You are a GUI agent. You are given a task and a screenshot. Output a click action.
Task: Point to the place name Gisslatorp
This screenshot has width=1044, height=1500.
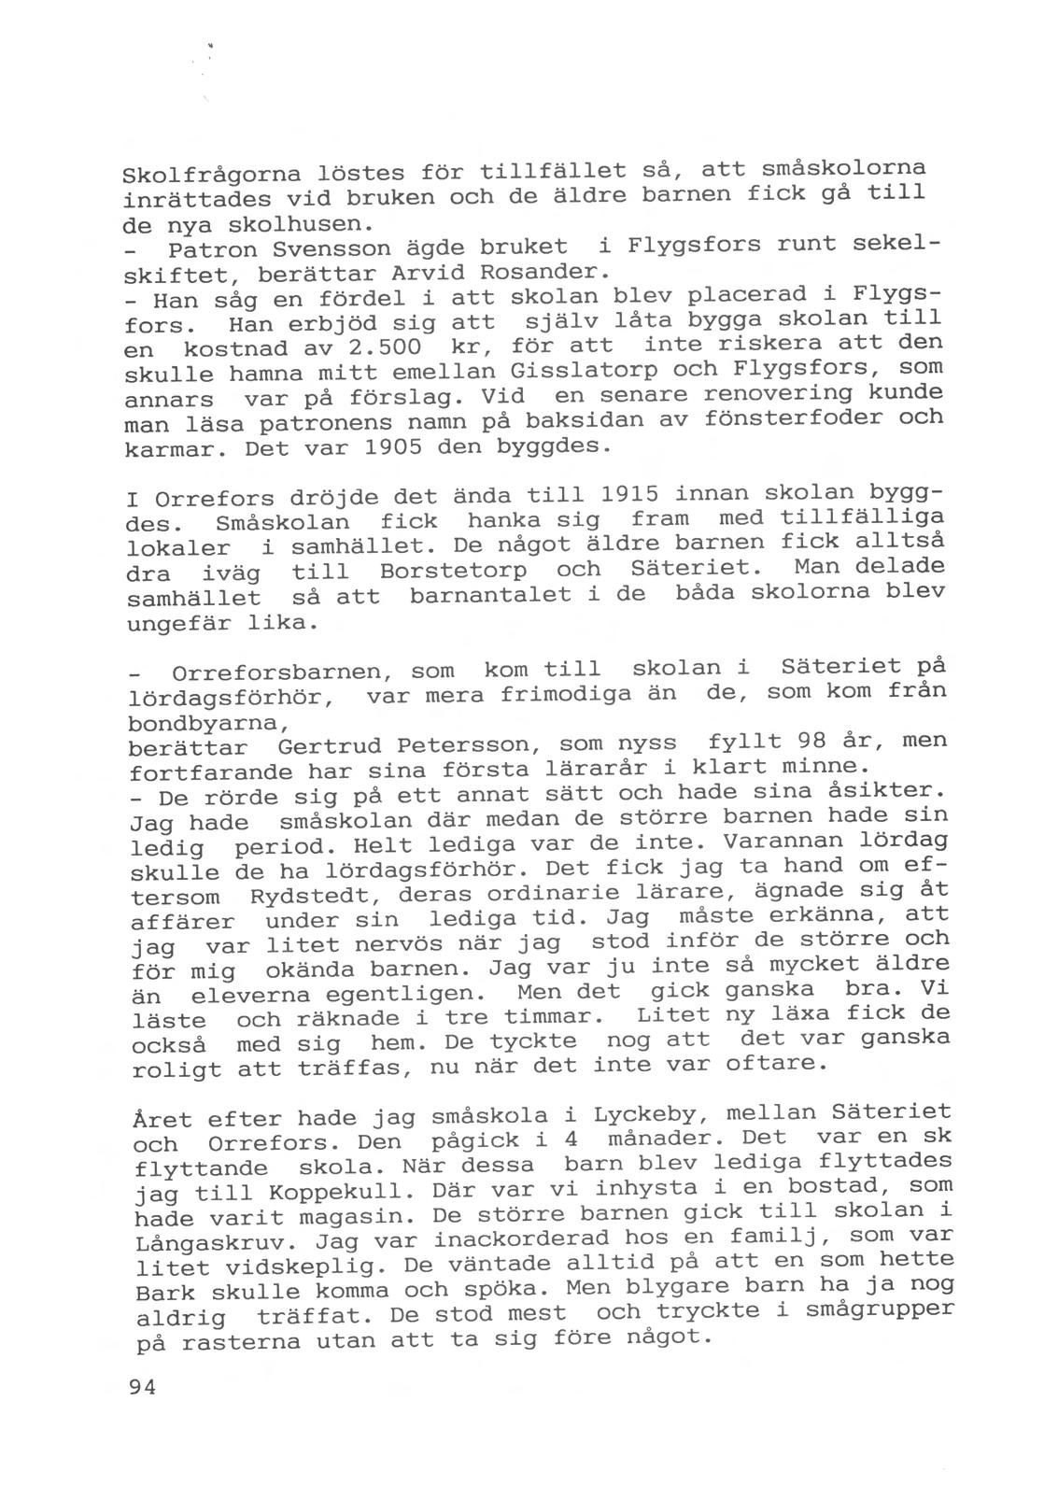(552, 370)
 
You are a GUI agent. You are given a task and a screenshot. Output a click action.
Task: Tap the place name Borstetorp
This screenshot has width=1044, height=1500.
(453, 570)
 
